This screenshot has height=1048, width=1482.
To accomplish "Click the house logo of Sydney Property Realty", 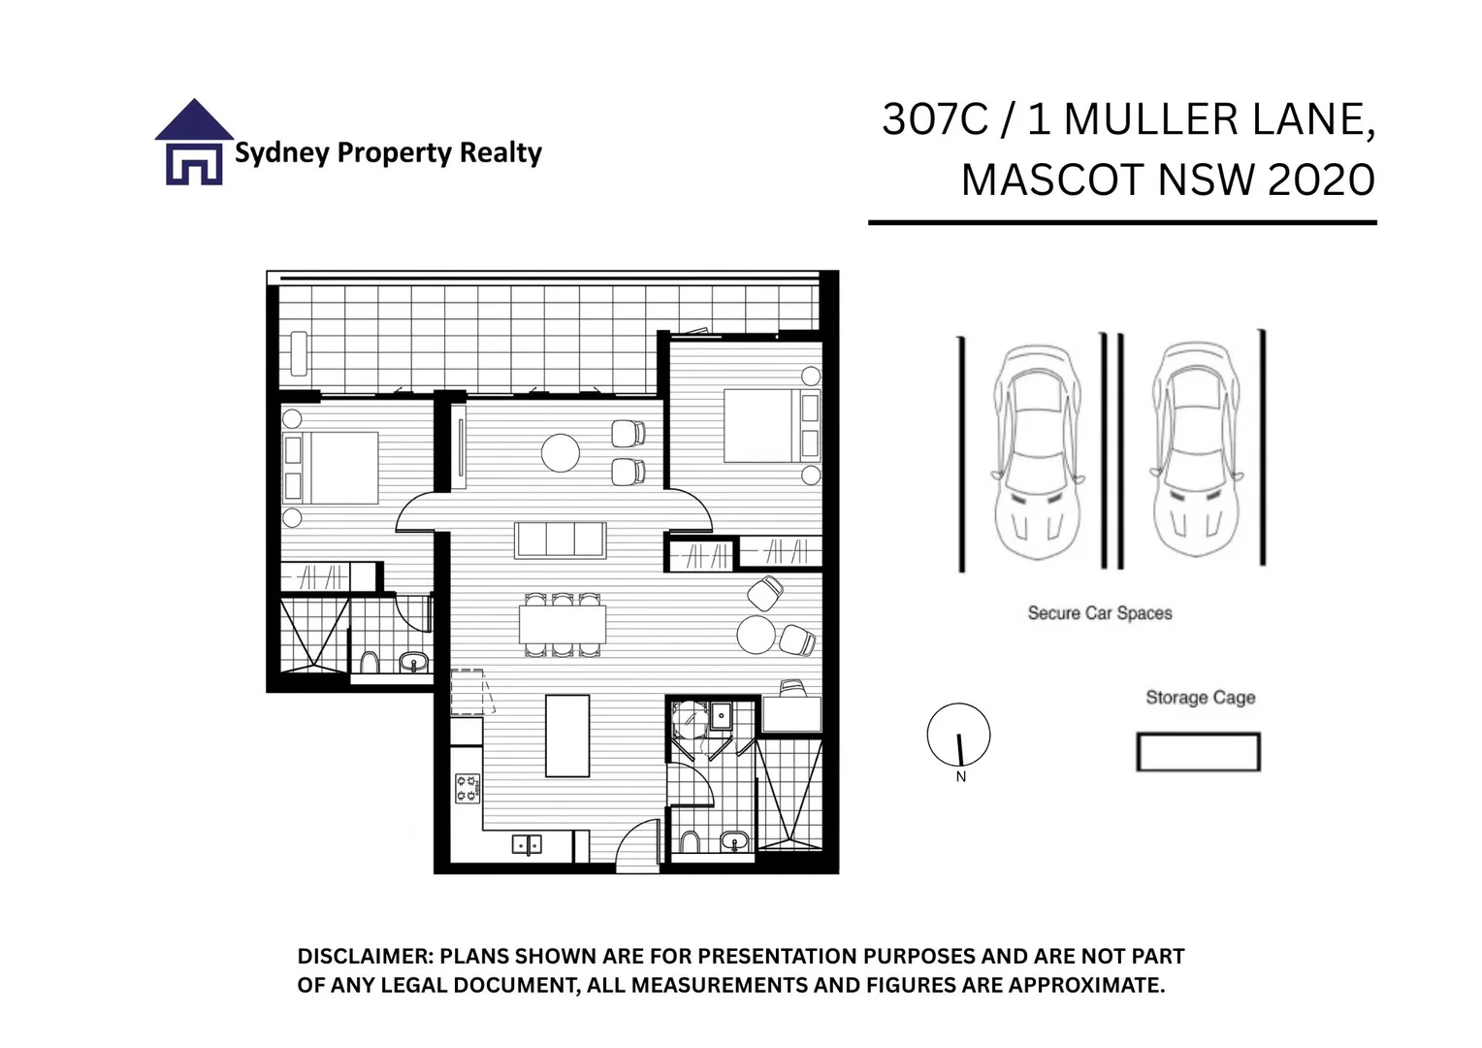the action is pos(194,142).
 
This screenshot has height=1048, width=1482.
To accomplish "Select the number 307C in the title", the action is pos(935,119).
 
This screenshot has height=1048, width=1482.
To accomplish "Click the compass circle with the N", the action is pos(958,735).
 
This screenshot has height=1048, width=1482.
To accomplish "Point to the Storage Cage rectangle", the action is pos(1198,751).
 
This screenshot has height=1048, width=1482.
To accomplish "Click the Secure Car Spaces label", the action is pos(1100,613).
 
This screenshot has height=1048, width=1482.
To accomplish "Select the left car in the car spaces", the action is pos(1038,451).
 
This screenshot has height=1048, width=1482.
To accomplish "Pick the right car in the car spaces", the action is pos(1196,449).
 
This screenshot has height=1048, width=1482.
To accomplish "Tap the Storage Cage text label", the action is pos(1200,697).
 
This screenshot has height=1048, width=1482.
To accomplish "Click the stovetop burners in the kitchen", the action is pos(467,789).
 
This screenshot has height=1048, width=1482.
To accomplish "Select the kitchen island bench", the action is pos(567,736).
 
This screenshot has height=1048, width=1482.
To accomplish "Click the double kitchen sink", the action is pos(527,844).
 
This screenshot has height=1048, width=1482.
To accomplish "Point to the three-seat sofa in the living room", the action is pos(561,540).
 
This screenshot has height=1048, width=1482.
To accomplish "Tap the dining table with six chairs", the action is pos(563,625).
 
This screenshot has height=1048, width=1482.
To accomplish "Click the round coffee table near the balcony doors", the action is pos(561,453).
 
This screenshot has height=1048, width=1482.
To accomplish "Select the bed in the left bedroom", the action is pos(331,468).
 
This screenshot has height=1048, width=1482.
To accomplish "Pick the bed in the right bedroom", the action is pos(772,425).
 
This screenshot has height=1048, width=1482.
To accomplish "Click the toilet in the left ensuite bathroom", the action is pos(369,663).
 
